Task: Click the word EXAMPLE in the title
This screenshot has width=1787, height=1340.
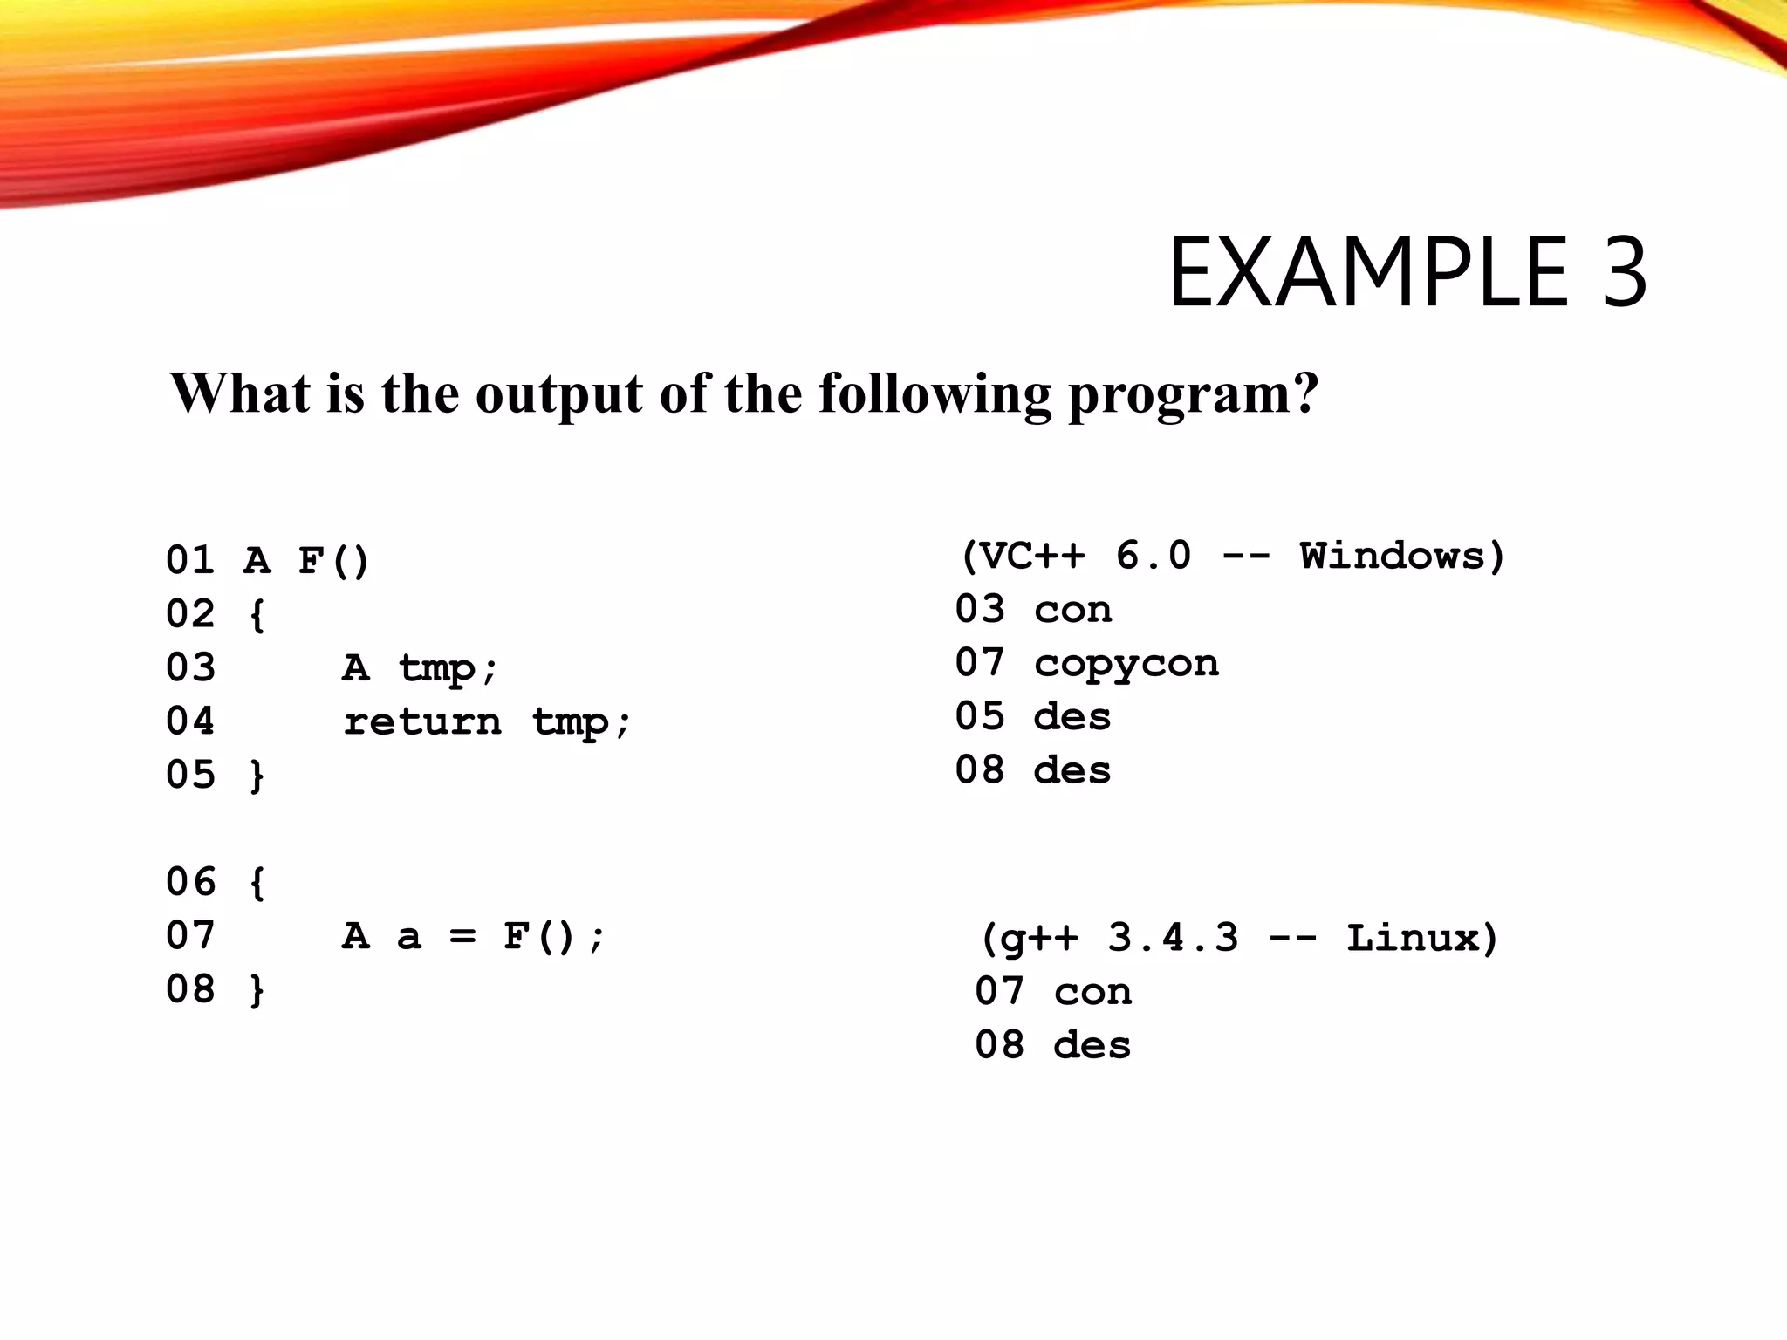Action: pyautogui.click(x=1368, y=272)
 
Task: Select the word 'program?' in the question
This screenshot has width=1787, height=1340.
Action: pyautogui.click(x=1194, y=394)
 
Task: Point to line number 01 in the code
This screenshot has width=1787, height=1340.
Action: pyautogui.click(x=190, y=560)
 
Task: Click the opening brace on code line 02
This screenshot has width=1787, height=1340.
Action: pyautogui.click(x=257, y=614)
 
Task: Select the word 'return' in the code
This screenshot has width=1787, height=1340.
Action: pyautogui.click(x=422, y=721)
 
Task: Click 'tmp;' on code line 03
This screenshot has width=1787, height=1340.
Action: pyautogui.click(x=448, y=668)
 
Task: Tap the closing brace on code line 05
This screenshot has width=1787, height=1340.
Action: pyautogui.click(x=257, y=776)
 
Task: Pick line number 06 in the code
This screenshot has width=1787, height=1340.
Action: pyautogui.click(x=190, y=882)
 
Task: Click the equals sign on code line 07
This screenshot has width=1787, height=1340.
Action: pyautogui.click(x=462, y=936)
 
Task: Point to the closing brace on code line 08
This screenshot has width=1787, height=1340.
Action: pyautogui.click(x=257, y=990)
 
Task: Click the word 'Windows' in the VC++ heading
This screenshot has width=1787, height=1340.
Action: pyautogui.click(x=1393, y=556)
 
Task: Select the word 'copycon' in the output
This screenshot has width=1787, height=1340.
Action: pyautogui.click(x=1126, y=664)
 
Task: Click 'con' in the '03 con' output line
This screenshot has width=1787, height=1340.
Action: pyautogui.click(x=1073, y=610)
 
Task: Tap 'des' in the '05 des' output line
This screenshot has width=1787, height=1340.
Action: pyautogui.click(x=1072, y=717)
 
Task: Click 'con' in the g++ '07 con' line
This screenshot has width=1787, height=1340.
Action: pyautogui.click(x=1093, y=992)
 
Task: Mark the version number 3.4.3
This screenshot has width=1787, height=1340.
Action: pyautogui.click(x=1173, y=938)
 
